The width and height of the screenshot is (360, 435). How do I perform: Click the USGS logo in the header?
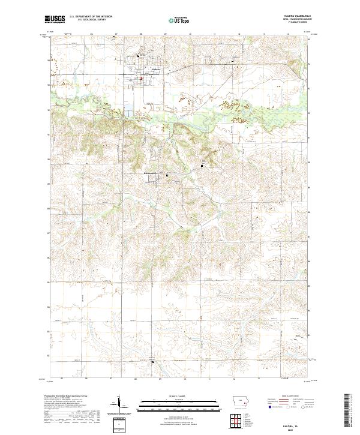coord(55,20)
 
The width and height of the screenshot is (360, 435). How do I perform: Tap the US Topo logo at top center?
coord(176,20)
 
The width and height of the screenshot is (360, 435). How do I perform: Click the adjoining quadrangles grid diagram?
coord(121,424)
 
